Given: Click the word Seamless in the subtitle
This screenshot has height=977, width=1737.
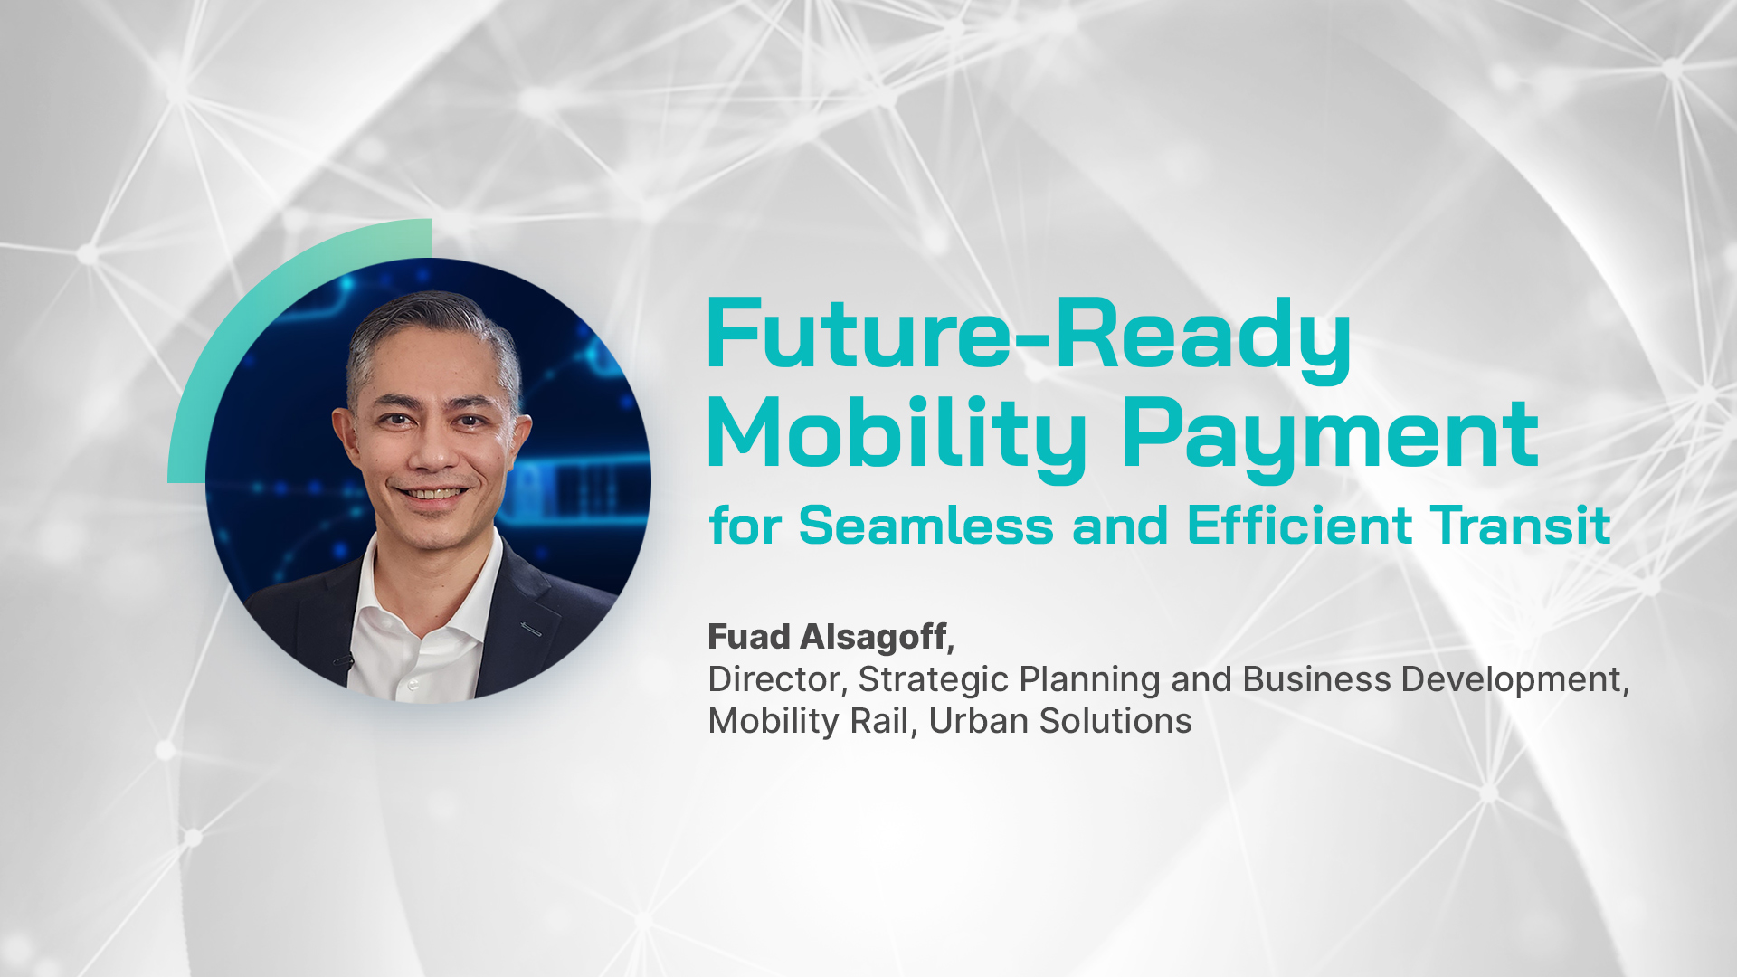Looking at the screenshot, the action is (926, 526).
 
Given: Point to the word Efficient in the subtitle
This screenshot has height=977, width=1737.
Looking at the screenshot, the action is (1300, 526).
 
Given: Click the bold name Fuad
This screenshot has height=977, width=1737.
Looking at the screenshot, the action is (749, 637).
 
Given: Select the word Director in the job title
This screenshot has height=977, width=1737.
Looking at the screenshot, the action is (774, 679).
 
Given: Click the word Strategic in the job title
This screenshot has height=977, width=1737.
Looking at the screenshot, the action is (933, 680).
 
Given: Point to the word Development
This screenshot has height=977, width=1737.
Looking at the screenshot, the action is (1511, 680).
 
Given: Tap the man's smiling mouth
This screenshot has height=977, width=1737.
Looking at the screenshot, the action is (436, 494).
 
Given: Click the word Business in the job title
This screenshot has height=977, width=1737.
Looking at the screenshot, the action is (1317, 679).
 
